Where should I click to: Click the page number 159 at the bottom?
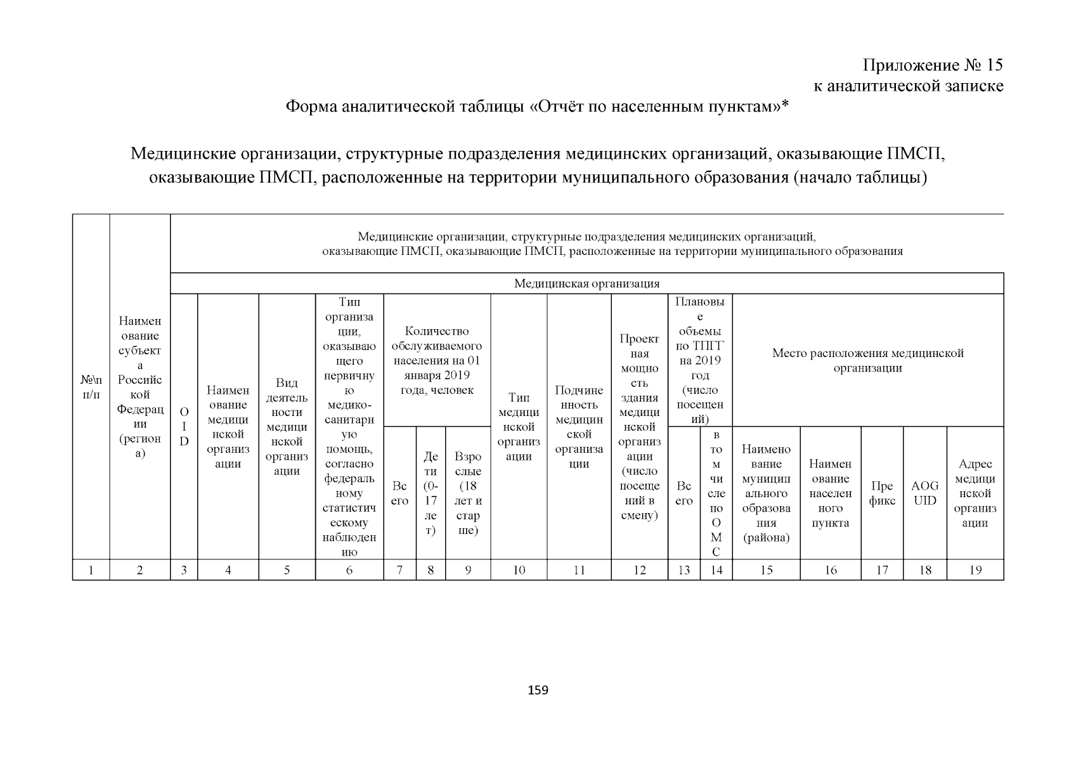(538, 690)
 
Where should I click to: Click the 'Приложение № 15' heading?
(933, 65)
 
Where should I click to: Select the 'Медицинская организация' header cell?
(587, 283)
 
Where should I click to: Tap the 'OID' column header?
(184, 426)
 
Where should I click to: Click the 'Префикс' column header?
(882, 493)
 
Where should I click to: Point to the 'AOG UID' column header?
(924, 493)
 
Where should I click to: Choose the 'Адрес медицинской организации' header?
(975, 493)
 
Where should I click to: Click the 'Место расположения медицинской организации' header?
(867, 360)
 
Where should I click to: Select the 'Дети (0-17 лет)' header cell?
(431, 493)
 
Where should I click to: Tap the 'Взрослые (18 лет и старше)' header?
(468, 493)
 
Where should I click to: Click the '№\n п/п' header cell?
(91, 387)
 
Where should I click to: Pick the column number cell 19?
(975, 570)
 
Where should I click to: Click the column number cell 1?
(91, 570)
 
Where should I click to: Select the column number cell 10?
(519, 570)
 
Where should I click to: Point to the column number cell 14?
(716, 570)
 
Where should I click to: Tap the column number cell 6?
(349, 570)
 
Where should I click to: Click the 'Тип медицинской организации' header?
(519, 426)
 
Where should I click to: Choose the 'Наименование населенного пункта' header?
(830, 493)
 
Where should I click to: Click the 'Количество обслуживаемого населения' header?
(437, 360)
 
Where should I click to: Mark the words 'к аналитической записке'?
(908, 86)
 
